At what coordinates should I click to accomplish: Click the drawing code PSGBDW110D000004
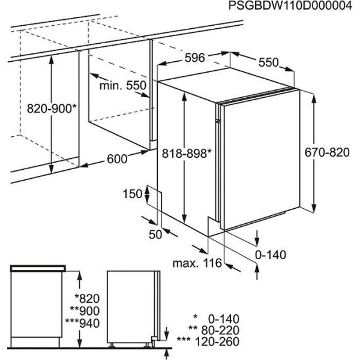pos(290,5)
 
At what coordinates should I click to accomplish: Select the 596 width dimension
pos(194,58)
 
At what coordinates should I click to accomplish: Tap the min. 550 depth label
pos(123,85)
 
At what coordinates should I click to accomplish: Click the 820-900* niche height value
pos(52,109)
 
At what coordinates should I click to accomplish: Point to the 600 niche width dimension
pos(117,159)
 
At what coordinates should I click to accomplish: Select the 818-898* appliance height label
pos(187,153)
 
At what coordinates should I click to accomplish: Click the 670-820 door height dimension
pos(327,152)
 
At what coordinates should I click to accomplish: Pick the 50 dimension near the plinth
pos(155,235)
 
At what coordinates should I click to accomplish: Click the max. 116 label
pos(197,263)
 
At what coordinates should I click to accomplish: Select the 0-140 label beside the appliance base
pos(271,255)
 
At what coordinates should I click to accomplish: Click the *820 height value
pos(87,299)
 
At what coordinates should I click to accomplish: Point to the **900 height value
pos(85,311)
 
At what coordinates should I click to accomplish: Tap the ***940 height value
pos(82,323)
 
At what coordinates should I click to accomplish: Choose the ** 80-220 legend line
pos(214,331)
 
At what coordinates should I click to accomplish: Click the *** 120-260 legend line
pos(208,341)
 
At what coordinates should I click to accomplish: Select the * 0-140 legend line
pos(216,319)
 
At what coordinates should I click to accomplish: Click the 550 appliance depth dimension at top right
pos(268,62)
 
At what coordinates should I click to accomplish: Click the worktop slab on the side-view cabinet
pos(38,268)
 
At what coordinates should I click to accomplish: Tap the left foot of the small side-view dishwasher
pos(112,345)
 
